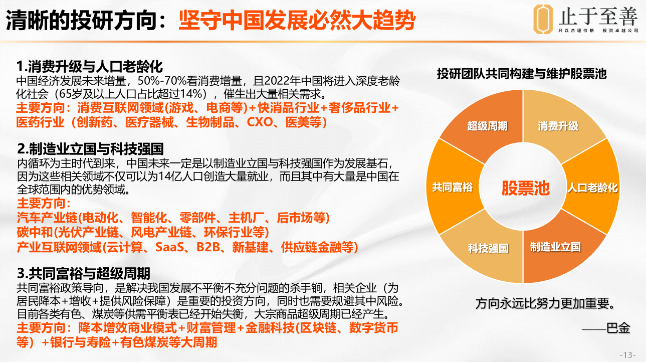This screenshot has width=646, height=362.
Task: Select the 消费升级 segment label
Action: pyautogui.click(x=558, y=126)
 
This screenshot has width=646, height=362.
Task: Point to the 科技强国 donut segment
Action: pyautogui.click(x=488, y=248)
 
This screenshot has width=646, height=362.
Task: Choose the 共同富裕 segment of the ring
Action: pyautogui.click(x=453, y=187)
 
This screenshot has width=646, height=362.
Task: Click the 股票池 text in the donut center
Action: pyautogui.click(x=525, y=188)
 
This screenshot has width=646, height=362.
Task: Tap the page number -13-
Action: pyautogui.click(x=627, y=354)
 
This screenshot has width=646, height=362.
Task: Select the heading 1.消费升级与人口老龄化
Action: pyautogui.click(x=90, y=66)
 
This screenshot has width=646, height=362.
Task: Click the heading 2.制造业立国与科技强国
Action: pyautogui.click(x=90, y=149)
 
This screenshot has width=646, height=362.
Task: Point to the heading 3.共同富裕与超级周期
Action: pyautogui.click(x=84, y=273)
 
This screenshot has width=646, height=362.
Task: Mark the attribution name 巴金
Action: pyautogui.click(x=618, y=328)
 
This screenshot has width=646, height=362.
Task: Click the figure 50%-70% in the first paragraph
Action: pyautogui.click(x=161, y=81)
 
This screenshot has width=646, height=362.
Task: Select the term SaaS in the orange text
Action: pyautogui.click(x=169, y=247)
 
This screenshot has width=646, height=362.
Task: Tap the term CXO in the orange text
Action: pyautogui.click(x=260, y=122)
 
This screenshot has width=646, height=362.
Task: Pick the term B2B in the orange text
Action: pyautogui.click(x=208, y=247)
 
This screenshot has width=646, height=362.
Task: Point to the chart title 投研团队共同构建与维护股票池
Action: pyautogui.click(x=522, y=74)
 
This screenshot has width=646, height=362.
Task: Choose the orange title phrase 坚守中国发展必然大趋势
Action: pyautogui.click(x=297, y=20)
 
